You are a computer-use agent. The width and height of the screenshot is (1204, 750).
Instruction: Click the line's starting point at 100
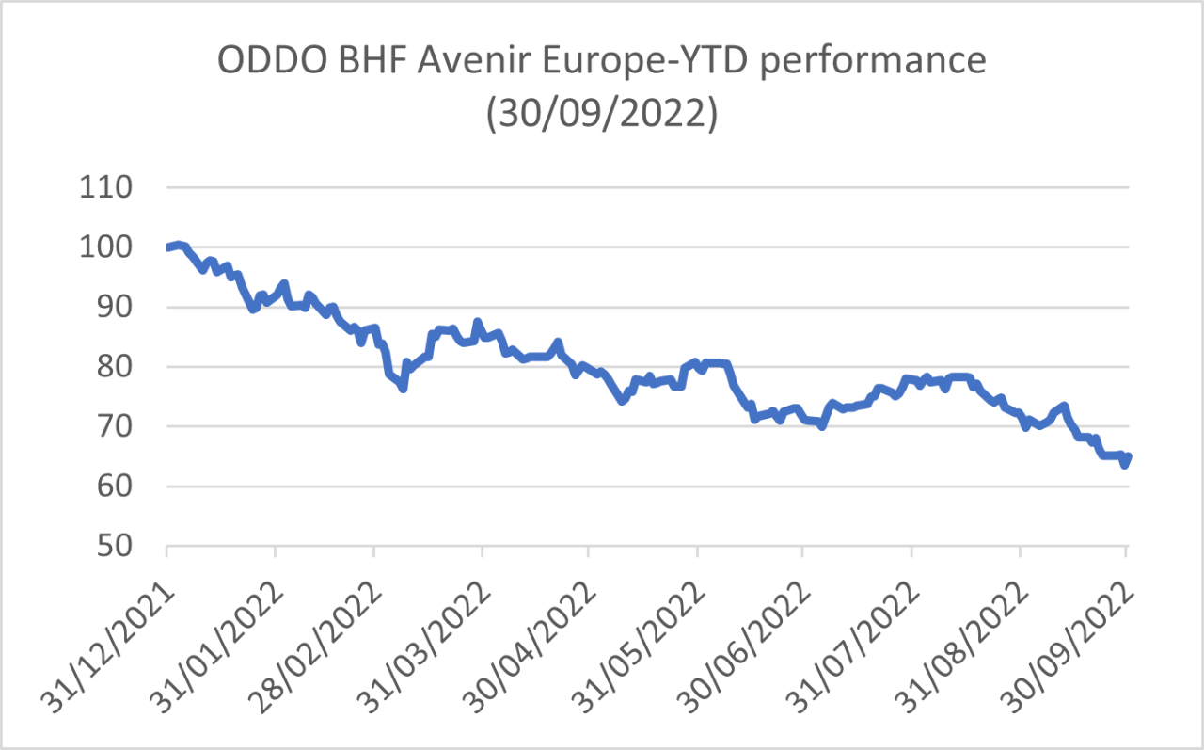pos(167,247)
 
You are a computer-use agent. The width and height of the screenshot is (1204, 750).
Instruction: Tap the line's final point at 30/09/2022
pos(1127,457)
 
